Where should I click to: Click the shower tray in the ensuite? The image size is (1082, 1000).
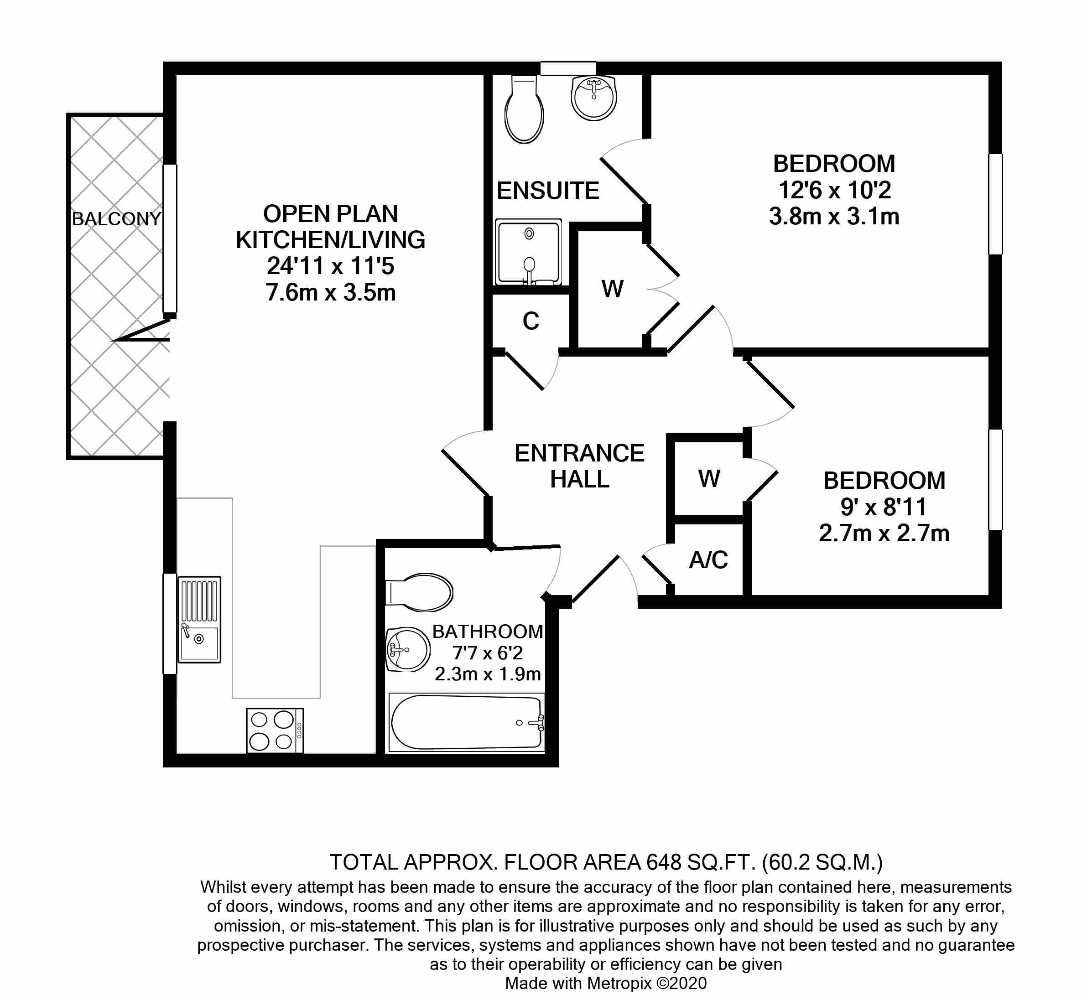(x=528, y=252)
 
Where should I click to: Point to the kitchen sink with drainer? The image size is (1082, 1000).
(x=199, y=619)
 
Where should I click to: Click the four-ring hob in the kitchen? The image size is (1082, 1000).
(x=275, y=731)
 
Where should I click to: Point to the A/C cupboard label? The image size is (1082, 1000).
(x=708, y=560)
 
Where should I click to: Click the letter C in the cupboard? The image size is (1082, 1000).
(x=531, y=321)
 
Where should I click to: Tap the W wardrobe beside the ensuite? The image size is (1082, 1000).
(x=612, y=289)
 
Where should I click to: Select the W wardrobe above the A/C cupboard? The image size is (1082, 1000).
(x=709, y=478)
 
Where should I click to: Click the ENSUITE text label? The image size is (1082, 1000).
(x=548, y=191)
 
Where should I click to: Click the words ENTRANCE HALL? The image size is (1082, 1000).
(x=579, y=466)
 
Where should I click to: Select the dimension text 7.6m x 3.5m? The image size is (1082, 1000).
(x=331, y=293)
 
